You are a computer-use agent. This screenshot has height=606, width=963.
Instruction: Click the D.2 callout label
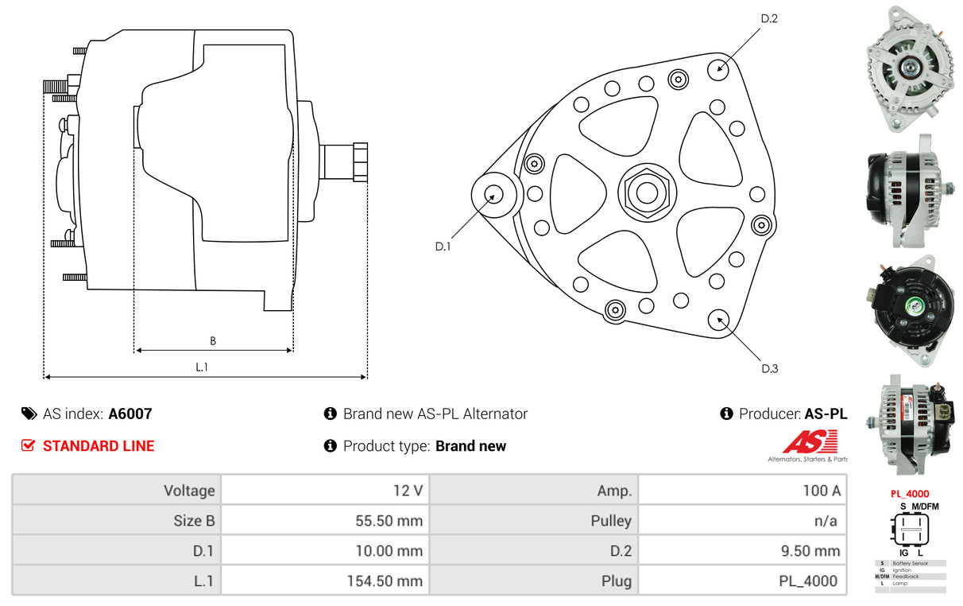(x=768, y=18)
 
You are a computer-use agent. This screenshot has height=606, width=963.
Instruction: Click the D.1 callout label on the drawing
(x=443, y=247)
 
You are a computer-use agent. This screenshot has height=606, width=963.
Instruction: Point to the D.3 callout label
(x=769, y=368)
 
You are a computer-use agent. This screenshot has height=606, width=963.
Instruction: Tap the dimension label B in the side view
(x=212, y=341)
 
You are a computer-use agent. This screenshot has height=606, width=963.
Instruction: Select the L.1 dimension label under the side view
(x=202, y=367)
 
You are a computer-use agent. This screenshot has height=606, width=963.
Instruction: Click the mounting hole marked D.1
(x=493, y=194)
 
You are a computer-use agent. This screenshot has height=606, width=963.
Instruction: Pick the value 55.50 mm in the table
(x=389, y=521)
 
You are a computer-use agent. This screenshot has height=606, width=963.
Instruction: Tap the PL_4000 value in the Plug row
(x=807, y=581)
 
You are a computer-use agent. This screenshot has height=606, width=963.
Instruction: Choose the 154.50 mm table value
(x=384, y=581)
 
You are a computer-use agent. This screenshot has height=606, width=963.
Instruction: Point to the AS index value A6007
(x=130, y=414)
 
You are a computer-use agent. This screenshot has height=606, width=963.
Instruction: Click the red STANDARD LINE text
(x=99, y=446)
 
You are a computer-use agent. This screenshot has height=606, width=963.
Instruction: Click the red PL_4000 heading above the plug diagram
(x=909, y=494)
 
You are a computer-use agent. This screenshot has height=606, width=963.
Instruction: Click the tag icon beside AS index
(x=29, y=414)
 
